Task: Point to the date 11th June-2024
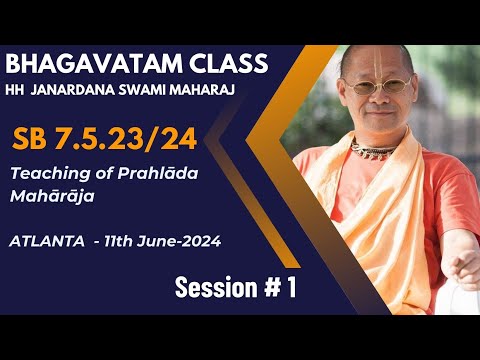164,241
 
